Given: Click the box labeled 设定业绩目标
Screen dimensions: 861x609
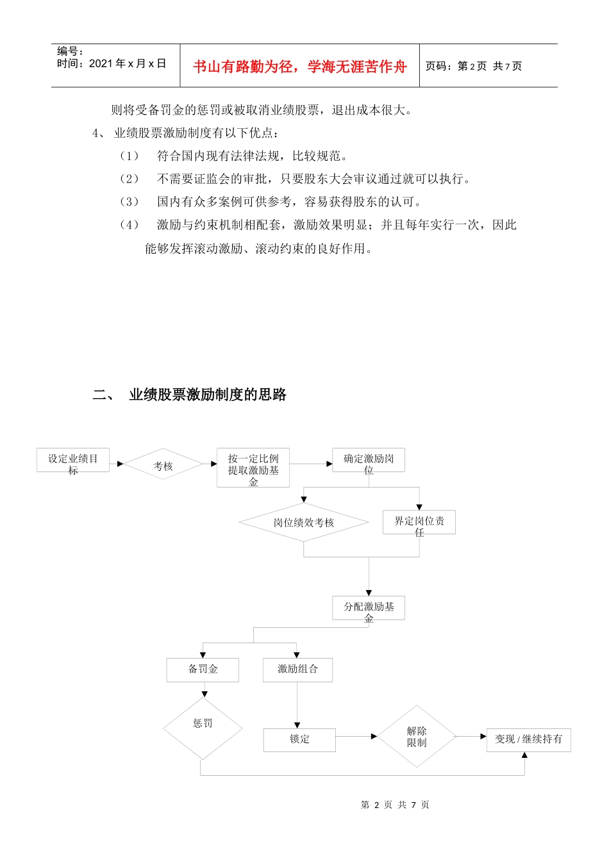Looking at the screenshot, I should pyautogui.click(x=72, y=461).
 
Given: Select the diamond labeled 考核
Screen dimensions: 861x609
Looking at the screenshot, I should pyautogui.click(x=163, y=466).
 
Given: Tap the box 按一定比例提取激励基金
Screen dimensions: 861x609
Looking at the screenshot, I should pyautogui.click(x=253, y=468).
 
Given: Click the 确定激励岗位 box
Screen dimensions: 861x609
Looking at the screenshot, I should pyautogui.click(x=369, y=461).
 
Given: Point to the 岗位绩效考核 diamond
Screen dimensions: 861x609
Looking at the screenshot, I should pyautogui.click(x=303, y=523).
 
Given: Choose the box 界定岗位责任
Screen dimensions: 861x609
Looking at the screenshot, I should pyautogui.click(x=419, y=523).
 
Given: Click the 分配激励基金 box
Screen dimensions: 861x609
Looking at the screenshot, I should pyautogui.click(x=369, y=608).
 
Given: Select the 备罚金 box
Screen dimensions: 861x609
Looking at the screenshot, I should pyautogui.click(x=203, y=669).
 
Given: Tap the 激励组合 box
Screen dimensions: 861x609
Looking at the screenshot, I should pyautogui.click(x=297, y=669).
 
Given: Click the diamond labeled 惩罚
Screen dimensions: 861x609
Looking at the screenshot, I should pyautogui.click(x=203, y=728).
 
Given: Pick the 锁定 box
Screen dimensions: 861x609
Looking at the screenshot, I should pyautogui.click(x=299, y=739).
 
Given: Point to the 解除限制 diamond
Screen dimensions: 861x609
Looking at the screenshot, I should pyautogui.click(x=417, y=737).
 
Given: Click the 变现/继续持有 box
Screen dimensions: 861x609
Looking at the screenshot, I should pyautogui.click(x=528, y=739).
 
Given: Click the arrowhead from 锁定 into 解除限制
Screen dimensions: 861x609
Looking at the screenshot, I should pyautogui.click(x=374, y=737).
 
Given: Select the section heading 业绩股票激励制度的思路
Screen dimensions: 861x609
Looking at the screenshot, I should pyautogui.click(x=208, y=395).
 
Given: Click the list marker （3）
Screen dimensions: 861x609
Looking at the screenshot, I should pyautogui.click(x=129, y=202).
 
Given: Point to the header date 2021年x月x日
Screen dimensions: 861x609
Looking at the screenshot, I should pyautogui.click(x=127, y=63).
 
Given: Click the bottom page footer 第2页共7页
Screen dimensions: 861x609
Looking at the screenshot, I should pyautogui.click(x=395, y=805).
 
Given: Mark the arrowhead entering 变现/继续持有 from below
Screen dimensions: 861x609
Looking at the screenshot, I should pyautogui.click(x=524, y=755).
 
